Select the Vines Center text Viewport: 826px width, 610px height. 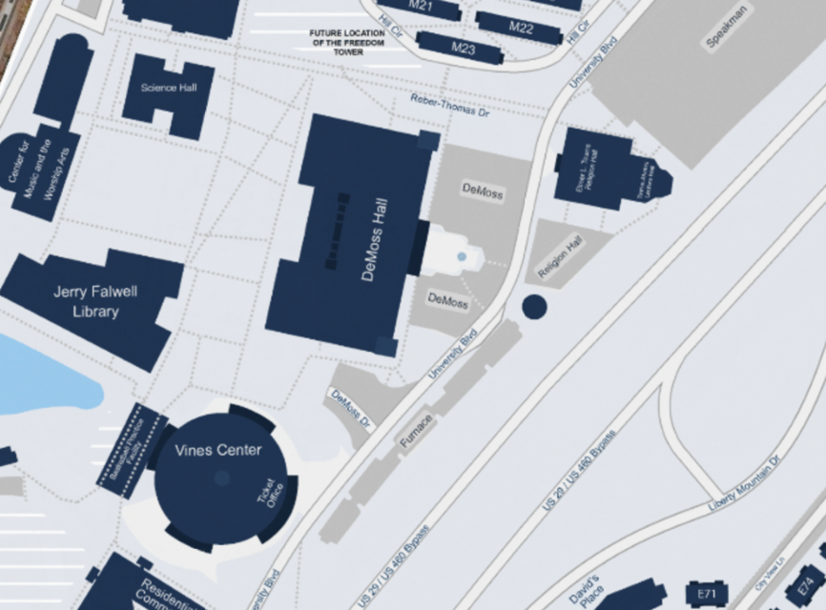pyautogui.click(x=217, y=450)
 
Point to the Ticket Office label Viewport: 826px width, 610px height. pyautogui.click(x=271, y=494)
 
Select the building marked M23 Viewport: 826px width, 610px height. pyautogui.click(x=463, y=48)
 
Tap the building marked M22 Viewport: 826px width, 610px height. pyautogui.click(x=520, y=27)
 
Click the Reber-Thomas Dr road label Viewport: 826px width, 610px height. pyautogui.click(x=449, y=105)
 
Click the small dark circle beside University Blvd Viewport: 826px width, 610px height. pyautogui.click(x=534, y=306)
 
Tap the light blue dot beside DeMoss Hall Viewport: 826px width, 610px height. pyautogui.click(x=462, y=256)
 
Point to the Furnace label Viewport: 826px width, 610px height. pyautogui.click(x=416, y=431)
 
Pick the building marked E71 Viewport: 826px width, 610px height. pyautogui.click(x=707, y=594)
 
